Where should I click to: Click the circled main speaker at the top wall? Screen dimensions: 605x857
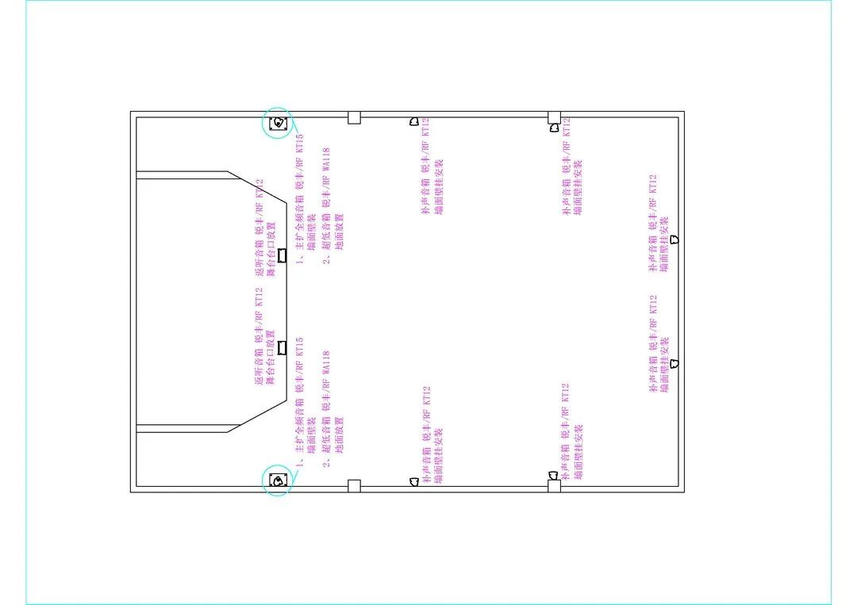click(x=278, y=123)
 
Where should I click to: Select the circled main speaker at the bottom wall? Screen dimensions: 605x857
click(x=278, y=481)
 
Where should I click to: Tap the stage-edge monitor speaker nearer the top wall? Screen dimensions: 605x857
click(x=281, y=256)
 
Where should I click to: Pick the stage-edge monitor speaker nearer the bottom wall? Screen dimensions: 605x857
click(x=281, y=347)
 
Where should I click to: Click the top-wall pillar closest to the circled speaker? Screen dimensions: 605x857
click(x=354, y=117)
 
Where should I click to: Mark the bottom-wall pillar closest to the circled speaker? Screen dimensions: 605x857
click(x=354, y=485)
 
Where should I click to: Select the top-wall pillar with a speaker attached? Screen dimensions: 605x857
click(x=554, y=117)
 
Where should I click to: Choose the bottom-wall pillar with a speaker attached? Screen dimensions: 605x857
click(x=554, y=485)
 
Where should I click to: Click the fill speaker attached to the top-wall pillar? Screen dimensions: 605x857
click(x=554, y=127)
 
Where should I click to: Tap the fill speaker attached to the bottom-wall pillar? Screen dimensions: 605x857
click(x=554, y=475)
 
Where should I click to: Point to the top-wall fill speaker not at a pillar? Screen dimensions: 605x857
click(x=413, y=121)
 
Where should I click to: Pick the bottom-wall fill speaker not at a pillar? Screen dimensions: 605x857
click(x=413, y=481)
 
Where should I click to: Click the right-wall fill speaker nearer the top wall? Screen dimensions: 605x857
click(x=674, y=239)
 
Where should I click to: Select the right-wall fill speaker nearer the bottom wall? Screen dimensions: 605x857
click(x=674, y=362)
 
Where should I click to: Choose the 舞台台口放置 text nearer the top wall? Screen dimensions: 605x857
click(x=271, y=254)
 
